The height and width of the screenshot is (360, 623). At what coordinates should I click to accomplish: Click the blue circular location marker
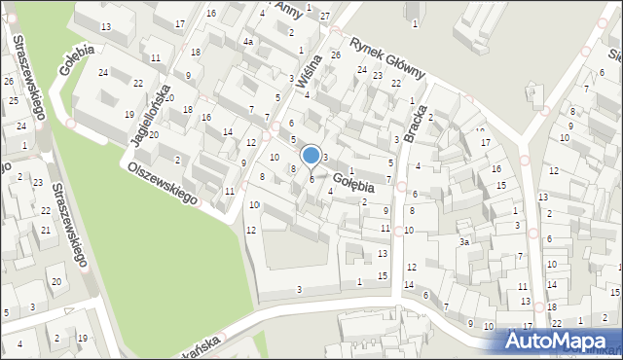(311, 155)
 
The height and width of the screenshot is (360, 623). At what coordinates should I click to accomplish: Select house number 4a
(248, 42)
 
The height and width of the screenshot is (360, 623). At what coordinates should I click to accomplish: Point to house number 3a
(465, 241)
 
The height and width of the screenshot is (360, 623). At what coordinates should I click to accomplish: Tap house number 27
(324, 17)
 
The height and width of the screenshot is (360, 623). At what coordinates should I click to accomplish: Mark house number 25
(14, 100)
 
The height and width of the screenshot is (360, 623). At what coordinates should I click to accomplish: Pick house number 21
(45, 230)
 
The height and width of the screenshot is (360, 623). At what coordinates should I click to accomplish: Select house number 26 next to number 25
(9, 81)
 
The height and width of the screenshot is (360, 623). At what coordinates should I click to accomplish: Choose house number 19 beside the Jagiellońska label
(128, 115)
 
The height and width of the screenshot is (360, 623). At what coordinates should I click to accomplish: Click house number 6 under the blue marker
(311, 178)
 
